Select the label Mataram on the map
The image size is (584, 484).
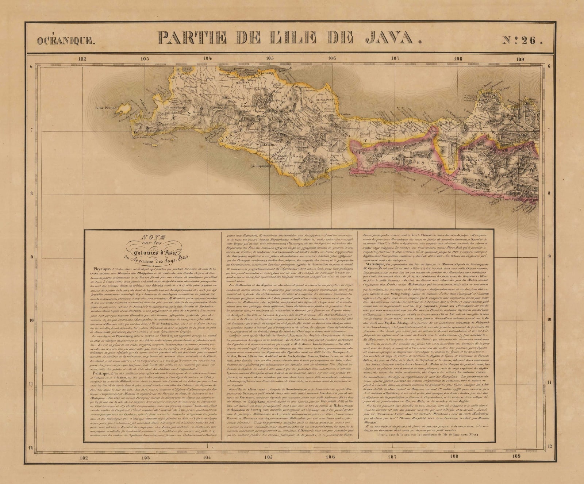[x=474, y=180]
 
